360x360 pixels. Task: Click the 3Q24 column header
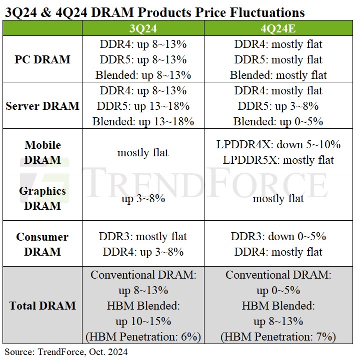pyautogui.click(x=143, y=28)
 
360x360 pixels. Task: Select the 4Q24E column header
pyautogui.click(x=278, y=28)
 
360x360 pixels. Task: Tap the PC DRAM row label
pyautogui.click(x=42, y=59)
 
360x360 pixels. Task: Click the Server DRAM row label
pyautogui.click(x=42, y=106)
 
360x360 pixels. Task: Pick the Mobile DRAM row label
pyautogui.click(x=42, y=152)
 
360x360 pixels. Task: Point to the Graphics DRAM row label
pyautogui.click(x=42, y=198)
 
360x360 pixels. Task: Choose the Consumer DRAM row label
pyautogui.click(x=42, y=244)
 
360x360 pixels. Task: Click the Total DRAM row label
pyautogui.click(x=42, y=306)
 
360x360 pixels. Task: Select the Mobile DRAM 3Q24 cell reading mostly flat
pyautogui.click(x=143, y=152)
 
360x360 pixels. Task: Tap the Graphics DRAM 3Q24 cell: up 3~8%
pyautogui.click(x=143, y=199)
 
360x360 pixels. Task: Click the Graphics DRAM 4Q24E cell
pyautogui.click(x=278, y=199)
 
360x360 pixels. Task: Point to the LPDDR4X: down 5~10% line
pyautogui.click(x=278, y=145)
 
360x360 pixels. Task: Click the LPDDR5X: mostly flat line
pyautogui.click(x=278, y=160)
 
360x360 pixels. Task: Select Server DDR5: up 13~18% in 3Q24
pyautogui.click(x=143, y=106)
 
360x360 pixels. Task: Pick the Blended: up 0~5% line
pyautogui.click(x=278, y=121)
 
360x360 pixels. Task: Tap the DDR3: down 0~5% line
pyautogui.click(x=278, y=237)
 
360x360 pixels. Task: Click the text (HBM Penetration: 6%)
pyautogui.click(x=143, y=337)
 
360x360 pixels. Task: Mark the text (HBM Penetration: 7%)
pyautogui.click(x=278, y=337)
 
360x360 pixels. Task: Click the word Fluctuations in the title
pyautogui.click(x=267, y=12)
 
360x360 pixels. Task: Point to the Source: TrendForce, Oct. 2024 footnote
pyautogui.click(x=66, y=352)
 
